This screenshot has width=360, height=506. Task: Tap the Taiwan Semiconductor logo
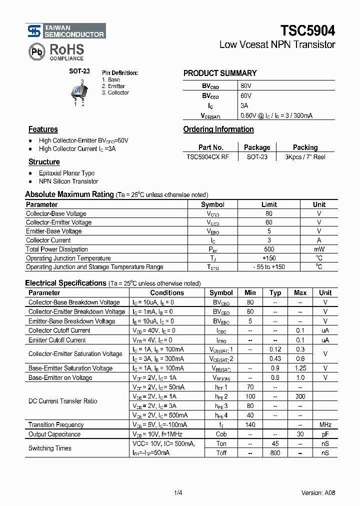(x=66, y=31)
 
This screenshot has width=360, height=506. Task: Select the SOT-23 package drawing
(x=79, y=91)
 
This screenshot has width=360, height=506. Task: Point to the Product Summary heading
(x=220, y=73)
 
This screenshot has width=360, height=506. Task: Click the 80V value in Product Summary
(x=246, y=86)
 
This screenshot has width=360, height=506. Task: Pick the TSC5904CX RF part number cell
(x=208, y=156)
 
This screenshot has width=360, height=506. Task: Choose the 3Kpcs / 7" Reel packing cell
(x=305, y=156)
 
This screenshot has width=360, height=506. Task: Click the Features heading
(x=43, y=129)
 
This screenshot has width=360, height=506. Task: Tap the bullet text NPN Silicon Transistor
(x=68, y=181)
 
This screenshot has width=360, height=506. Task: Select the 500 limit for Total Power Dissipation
(x=269, y=249)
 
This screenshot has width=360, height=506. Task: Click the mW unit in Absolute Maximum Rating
(x=319, y=249)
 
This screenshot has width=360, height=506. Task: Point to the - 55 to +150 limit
(x=269, y=267)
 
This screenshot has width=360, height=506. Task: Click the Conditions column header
(x=167, y=292)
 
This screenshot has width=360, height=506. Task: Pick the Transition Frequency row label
(x=56, y=424)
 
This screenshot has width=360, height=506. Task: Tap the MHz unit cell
(x=325, y=424)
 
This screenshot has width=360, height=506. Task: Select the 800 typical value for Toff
(x=275, y=452)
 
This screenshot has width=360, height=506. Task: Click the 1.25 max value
(x=300, y=368)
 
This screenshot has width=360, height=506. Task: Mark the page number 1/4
(x=178, y=492)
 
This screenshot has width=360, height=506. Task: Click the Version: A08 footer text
(x=318, y=492)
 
